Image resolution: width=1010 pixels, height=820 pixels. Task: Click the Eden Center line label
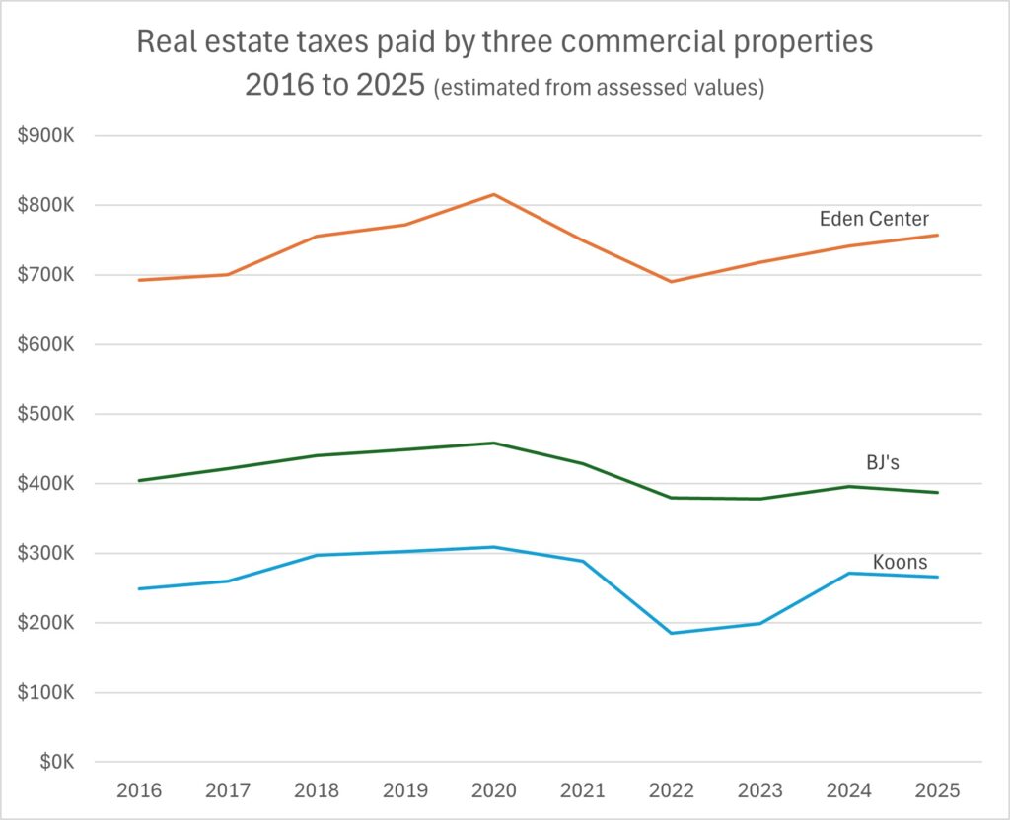(873, 219)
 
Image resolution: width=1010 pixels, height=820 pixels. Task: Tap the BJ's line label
(882, 462)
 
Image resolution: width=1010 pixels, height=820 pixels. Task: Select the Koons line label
(900, 562)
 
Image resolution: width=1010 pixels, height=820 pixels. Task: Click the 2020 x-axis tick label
(493, 791)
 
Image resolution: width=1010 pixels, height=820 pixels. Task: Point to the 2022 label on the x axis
(671, 791)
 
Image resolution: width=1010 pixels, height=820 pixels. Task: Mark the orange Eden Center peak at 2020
(493, 194)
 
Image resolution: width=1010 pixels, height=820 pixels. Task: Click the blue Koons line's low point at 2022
(671, 633)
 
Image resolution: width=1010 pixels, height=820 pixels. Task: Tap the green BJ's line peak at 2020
(493, 443)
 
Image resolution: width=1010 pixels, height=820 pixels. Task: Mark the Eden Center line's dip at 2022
(671, 282)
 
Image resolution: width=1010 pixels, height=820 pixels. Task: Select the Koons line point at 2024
(848, 573)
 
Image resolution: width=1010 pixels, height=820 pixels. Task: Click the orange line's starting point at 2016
(138, 280)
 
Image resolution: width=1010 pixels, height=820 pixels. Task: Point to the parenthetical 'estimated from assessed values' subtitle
(600, 88)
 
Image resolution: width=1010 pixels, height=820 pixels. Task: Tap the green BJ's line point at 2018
(316, 455)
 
